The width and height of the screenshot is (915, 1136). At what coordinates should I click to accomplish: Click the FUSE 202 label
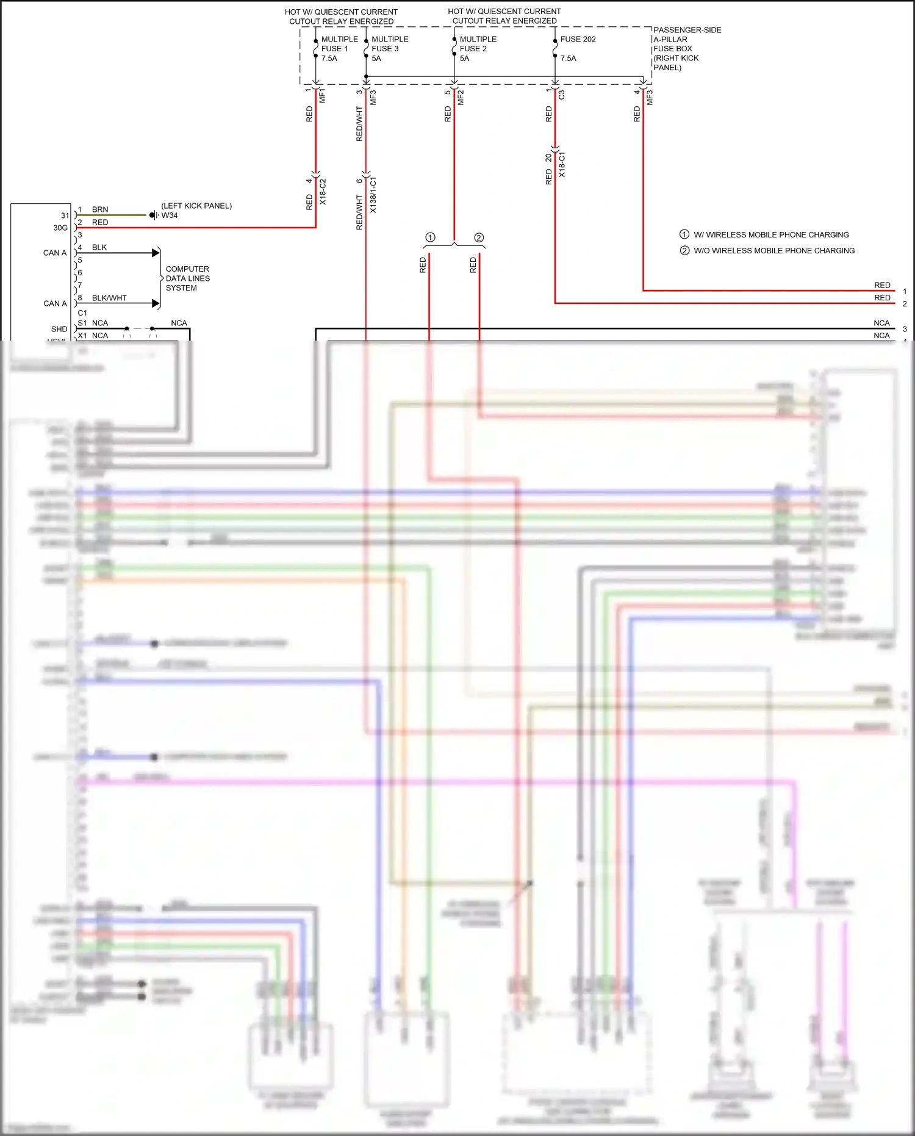pyautogui.click(x=578, y=39)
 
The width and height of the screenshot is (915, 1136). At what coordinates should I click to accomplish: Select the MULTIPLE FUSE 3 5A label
pyautogui.click(x=389, y=49)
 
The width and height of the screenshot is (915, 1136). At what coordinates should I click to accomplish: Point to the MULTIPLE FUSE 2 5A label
pyautogui.click(x=477, y=49)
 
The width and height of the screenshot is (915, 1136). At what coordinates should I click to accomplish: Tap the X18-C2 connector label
pyautogui.click(x=323, y=192)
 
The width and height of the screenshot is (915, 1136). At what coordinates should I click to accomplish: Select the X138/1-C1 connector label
pyautogui.click(x=373, y=195)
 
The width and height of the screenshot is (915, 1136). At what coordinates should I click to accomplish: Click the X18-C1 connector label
pyautogui.click(x=562, y=165)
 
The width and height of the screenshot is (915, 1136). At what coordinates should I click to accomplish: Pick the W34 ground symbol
pyautogui.click(x=153, y=215)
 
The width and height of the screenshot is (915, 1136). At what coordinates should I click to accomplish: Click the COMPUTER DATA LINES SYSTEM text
pyautogui.click(x=187, y=278)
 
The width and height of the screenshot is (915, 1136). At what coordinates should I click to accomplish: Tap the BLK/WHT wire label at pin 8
pyautogui.click(x=109, y=298)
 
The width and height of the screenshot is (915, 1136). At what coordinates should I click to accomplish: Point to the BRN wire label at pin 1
pyautogui.click(x=100, y=209)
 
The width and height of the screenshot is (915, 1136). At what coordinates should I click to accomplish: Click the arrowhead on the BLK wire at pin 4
pyautogui.click(x=156, y=253)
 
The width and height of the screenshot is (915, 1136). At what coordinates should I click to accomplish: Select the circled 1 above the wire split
pyautogui.click(x=430, y=237)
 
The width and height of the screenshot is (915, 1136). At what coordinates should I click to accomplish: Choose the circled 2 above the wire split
pyautogui.click(x=479, y=237)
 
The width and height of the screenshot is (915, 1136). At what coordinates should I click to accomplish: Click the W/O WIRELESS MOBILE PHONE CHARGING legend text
pyautogui.click(x=773, y=251)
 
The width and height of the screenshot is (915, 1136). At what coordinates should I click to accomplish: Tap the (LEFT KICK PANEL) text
pyautogui.click(x=196, y=206)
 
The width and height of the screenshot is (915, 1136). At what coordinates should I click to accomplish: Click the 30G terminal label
pyautogui.click(x=60, y=228)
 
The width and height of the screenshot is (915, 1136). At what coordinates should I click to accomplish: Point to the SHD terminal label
pyautogui.click(x=59, y=329)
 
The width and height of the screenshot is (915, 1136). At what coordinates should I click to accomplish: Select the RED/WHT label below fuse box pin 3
pyautogui.click(x=359, y=124)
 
